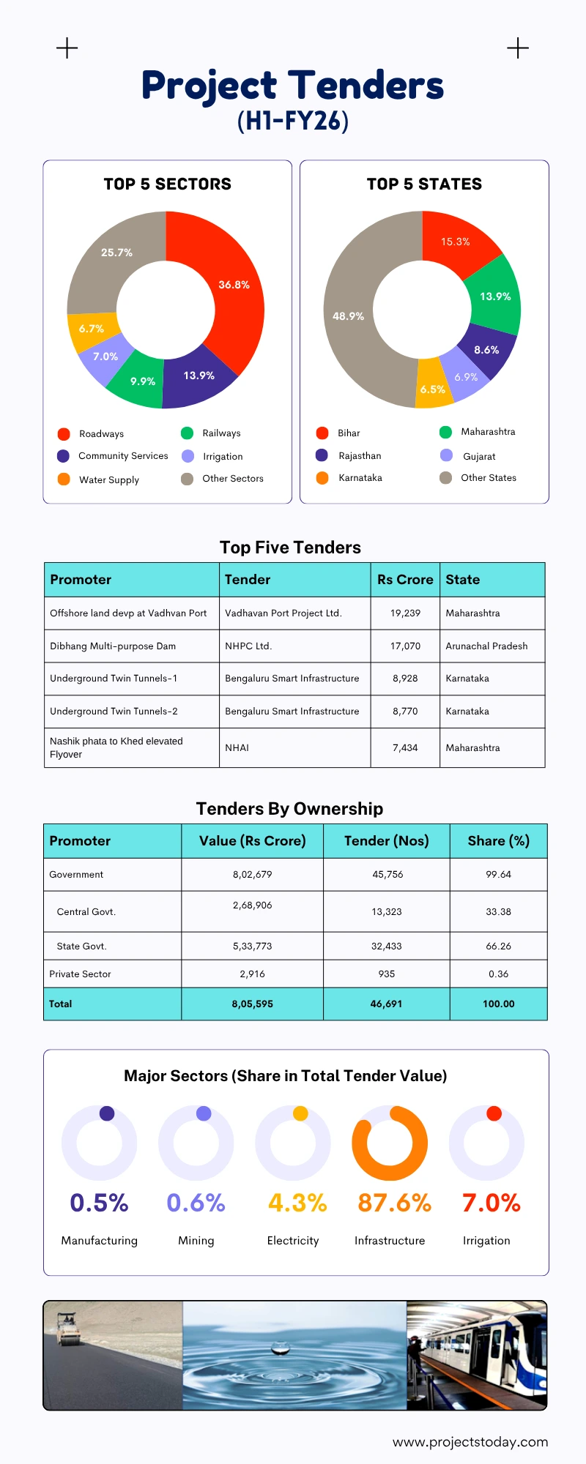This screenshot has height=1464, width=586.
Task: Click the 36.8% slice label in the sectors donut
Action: pyautogui.click(x=234, y=285)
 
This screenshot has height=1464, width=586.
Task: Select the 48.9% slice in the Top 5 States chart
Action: pyautogui.click(x=348, y=316)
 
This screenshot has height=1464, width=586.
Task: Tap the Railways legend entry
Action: pyautogui.click(x=220, y=433)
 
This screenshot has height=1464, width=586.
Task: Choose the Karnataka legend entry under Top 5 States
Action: pyautogui.click(x=360, y=478)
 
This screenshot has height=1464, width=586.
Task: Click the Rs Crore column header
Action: pyautogui.click(x=405, y=580)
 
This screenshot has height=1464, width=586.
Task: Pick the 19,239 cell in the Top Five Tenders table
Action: pyautogui.click(x=405, y=613)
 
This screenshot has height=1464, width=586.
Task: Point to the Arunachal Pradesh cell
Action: pyautogui.click(x=486, y=646)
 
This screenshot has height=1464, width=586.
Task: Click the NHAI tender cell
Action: pyautogui.click(x=237, y=748)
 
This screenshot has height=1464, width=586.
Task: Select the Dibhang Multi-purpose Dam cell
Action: pyautogui.click(x=113, y=646)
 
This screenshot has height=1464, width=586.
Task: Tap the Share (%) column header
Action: pyautogui.click(x=498, y=841)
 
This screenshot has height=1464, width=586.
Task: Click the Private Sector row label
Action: pyautogui.click(x=81, y=974)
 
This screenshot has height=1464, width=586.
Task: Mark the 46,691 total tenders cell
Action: pyautogui.click(x=386, y=1004)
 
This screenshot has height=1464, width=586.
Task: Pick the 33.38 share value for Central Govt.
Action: pyautogui.click(x=498, y=912)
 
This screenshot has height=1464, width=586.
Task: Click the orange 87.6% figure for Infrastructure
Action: pyautogui.click(x=394, y=1203)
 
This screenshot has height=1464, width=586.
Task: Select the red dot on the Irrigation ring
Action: pyautogui.click(x=494, y=1113)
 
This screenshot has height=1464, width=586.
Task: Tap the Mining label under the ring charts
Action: pyautogui.click(x=196, y=1241)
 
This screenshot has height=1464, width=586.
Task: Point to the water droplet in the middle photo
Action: pyautogui.click(x=279, y=1348)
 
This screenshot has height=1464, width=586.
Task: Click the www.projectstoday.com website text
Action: pyautogui.click(x=470, y=1442)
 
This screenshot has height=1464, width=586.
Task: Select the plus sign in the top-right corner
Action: pyautogui.click(x=518, y=48)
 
